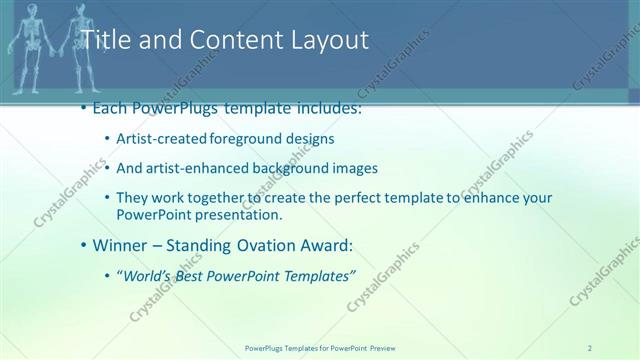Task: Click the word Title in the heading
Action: tap(102, 40)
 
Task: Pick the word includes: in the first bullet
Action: tap(323, 108)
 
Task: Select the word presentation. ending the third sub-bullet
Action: tap(245, 214)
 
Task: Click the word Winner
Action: tap(119, 244)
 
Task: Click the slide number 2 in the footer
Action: tap(590, 348)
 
